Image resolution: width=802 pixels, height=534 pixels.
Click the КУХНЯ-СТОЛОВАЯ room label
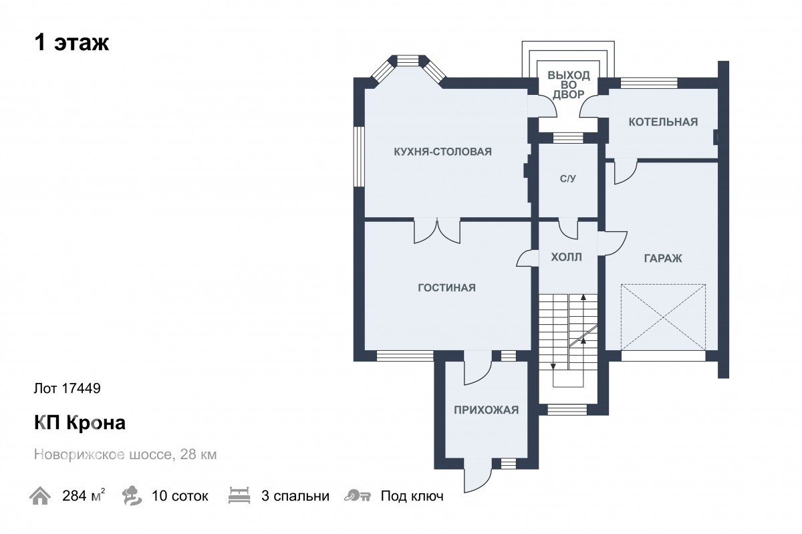coord(442,152)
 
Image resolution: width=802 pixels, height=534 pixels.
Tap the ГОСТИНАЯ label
coord(447,287)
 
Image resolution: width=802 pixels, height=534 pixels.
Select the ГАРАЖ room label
coord(663,258)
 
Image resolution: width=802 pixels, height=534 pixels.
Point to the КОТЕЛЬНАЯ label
coord(663,122)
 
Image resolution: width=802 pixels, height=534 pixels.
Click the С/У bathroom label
coord(568,178)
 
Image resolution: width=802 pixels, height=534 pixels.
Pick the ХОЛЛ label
coord(566,257)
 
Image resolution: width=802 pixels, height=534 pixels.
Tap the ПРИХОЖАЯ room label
coord(487,410)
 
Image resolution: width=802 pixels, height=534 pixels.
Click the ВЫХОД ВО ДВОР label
coord(569,85)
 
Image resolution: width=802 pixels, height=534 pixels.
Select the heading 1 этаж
coord(72,43)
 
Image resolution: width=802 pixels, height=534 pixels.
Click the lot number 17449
coord(81,388)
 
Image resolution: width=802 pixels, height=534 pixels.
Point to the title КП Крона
coord(80,422)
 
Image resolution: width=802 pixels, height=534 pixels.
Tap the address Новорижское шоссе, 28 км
coord(126,454)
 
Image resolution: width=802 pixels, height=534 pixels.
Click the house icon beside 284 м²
coord(39,496)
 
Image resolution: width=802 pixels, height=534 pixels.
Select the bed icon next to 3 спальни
coord(239,495)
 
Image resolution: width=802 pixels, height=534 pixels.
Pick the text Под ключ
coord(412,496)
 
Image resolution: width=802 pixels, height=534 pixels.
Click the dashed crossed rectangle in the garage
coord(663,317)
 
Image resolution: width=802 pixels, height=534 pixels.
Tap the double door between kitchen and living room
coord(437,231)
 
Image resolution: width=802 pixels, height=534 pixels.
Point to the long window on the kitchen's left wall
coord(359,156)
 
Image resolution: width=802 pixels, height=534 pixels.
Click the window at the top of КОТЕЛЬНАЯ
coord(649,83)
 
